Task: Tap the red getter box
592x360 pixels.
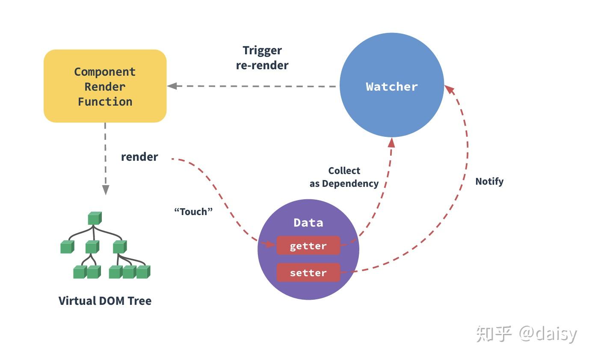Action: click(308, 246)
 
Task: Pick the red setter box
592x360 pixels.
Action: click(308, 273)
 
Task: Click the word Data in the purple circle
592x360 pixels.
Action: click(308, 223)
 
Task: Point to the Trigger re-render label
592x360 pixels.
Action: click(262, 58)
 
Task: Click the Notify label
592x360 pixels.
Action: click(489, 181)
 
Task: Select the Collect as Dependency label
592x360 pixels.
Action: click(344, 177)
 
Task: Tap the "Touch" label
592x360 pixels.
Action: click(193, 211)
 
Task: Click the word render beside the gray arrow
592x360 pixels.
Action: click(139, 157)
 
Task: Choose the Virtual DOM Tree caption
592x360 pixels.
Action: click(105, 301)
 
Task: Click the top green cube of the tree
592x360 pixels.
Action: click(94, 218)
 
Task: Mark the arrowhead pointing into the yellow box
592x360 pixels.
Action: click(172, 86)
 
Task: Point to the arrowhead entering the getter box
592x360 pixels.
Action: click(271, 244)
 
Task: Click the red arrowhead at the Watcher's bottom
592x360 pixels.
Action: click(391, 142)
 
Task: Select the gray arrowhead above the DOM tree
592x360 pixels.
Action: click(105, 190)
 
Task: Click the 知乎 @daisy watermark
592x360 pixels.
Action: click(527, 333)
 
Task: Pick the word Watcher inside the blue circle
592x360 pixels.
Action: click(391, 86)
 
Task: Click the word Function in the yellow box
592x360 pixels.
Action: click(105, 102)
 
